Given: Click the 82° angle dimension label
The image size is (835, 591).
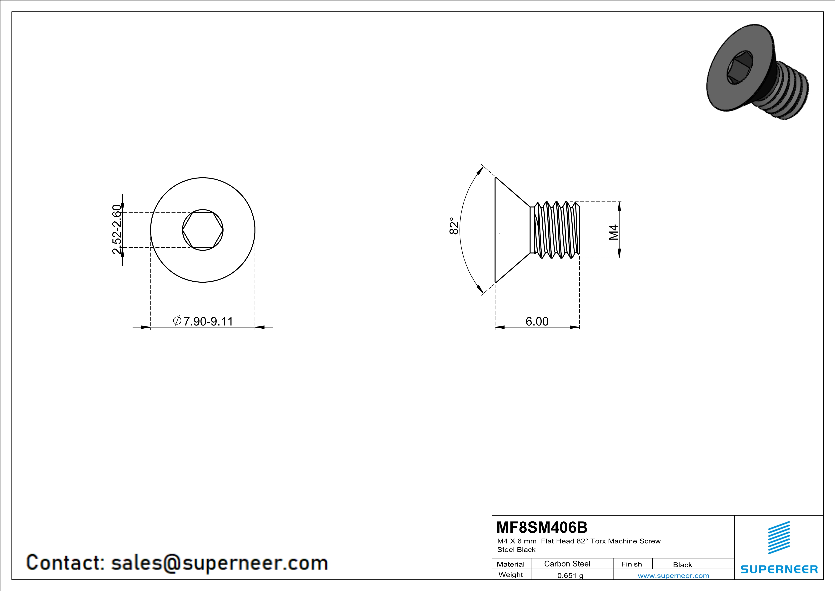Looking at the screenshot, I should [x=454, y=226].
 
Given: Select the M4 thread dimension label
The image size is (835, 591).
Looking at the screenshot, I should [x=614, y=232].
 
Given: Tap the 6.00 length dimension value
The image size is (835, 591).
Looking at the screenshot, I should [x=537, y=321].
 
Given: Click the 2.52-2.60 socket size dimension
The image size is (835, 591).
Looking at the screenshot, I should [x=117, y=229].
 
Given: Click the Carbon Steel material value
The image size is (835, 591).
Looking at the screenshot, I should [x=567, y=564].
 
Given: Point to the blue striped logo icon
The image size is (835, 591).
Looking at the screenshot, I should [x=779, y=538].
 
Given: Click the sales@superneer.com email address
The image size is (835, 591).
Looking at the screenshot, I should [x=219, y=563].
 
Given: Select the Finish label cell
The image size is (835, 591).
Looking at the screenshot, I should [x=631, y=564].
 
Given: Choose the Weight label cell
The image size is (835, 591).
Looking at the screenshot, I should [x=511, y=575].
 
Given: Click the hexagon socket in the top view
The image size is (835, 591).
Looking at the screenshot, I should [x=203, y=230].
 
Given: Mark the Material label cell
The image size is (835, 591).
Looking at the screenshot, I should [x=511, y=564].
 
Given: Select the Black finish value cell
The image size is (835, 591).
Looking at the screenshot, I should [x=682, y=565].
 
